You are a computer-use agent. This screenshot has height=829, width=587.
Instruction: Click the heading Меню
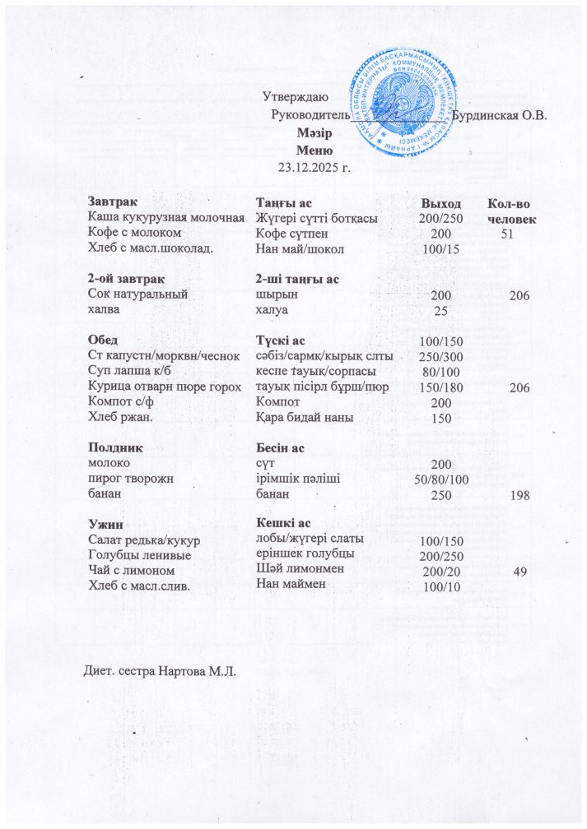[314, 151]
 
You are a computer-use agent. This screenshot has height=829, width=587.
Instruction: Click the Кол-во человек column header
[511, 211]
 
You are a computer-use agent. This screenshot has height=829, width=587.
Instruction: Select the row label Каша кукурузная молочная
[167, 218]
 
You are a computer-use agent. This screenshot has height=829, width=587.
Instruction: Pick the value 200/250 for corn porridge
[440, 219]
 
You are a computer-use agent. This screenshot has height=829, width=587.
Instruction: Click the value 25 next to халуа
[440, 311]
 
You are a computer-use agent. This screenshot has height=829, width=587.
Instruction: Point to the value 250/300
[440, 356]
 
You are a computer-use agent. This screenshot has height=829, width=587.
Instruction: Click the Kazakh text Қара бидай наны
[304, 417]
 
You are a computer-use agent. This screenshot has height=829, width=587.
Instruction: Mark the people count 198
[519, 496]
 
